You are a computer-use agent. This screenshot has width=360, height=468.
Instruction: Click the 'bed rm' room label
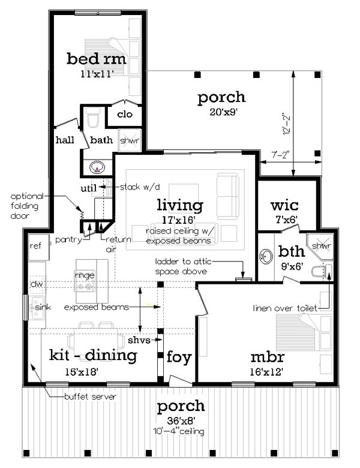(x=96, y=59)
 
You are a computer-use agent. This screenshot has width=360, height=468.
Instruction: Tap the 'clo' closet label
(x=125, y=114)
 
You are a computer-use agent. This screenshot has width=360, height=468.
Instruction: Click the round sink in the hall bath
(x=97, y=167)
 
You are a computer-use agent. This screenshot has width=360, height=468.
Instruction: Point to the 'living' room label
(x=180, y=205)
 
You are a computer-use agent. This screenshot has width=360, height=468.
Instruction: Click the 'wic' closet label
(x=284, y=205)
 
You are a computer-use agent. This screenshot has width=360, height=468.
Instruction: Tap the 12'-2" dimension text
(x=286, y=124)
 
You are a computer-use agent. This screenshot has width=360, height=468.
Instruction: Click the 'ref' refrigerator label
(x=35, y=245)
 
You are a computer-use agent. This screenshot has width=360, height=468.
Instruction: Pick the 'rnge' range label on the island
(x=85, y=275)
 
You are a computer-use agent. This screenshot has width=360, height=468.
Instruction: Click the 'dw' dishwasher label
(x=37, y=284)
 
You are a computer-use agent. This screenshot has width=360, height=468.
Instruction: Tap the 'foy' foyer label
(x=179, y=357)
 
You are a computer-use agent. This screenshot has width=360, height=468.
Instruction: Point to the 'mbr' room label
(x=268, y=357)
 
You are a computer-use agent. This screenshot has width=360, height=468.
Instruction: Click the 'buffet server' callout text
(x=90, y=397)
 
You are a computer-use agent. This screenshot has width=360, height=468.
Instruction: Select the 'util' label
(x=89, y=188)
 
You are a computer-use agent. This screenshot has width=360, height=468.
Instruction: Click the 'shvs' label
(x=139, y=340)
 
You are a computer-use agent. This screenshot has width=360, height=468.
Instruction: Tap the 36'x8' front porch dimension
(x=181, y=421)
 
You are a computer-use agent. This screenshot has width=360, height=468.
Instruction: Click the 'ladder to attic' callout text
(x=183, y=262)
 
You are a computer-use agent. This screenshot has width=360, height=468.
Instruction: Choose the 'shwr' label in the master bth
(x=321, y=246)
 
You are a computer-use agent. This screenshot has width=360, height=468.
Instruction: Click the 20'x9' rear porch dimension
(x=223, y=112)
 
